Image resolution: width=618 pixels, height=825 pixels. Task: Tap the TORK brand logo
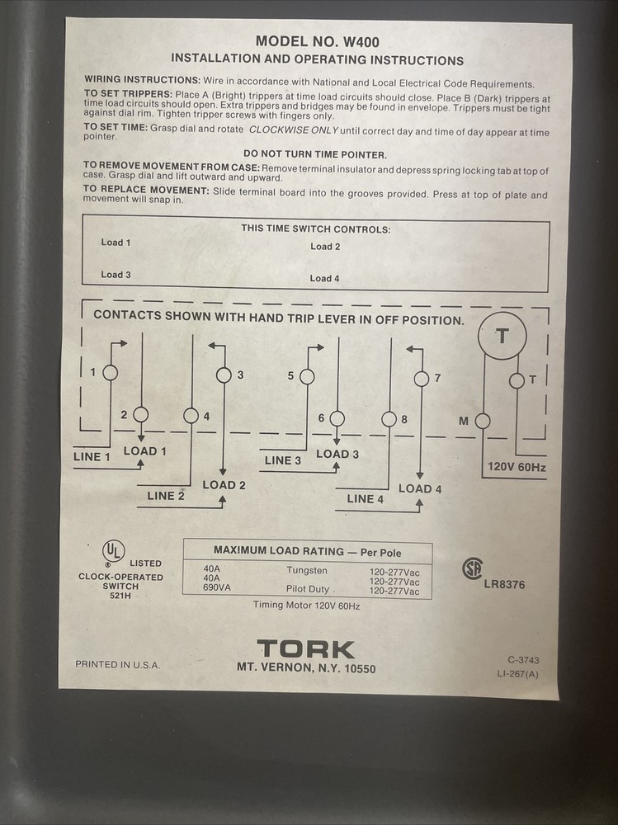pos(305,649)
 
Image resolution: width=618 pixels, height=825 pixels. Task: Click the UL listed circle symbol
pos(113,550)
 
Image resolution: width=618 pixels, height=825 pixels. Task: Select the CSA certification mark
pos(472,568)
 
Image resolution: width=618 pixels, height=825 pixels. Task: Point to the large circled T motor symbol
pos(502,336)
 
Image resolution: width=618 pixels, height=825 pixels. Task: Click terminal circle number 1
pos(110,373)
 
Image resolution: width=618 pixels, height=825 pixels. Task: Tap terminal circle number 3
pos(224,375)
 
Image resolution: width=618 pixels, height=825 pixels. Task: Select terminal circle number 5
pos(307,376)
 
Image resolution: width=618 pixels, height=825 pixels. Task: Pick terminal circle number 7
pos(421,379)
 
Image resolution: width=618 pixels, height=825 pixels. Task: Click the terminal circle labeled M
pos(483,422)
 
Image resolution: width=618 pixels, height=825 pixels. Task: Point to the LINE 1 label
pos(92,457)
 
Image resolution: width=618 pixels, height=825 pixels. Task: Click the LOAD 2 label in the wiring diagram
pos(224,485)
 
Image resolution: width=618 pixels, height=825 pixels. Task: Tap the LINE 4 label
pos(366,498)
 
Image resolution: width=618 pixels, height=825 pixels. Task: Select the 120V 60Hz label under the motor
pos(517,467)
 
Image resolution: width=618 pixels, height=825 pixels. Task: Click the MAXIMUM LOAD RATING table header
pos(307,550)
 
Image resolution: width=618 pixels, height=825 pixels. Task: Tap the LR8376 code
pos(504,585)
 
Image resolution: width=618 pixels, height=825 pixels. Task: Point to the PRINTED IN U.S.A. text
pos(118,664)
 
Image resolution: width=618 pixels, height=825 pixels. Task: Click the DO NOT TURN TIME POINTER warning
pos(316,154)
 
